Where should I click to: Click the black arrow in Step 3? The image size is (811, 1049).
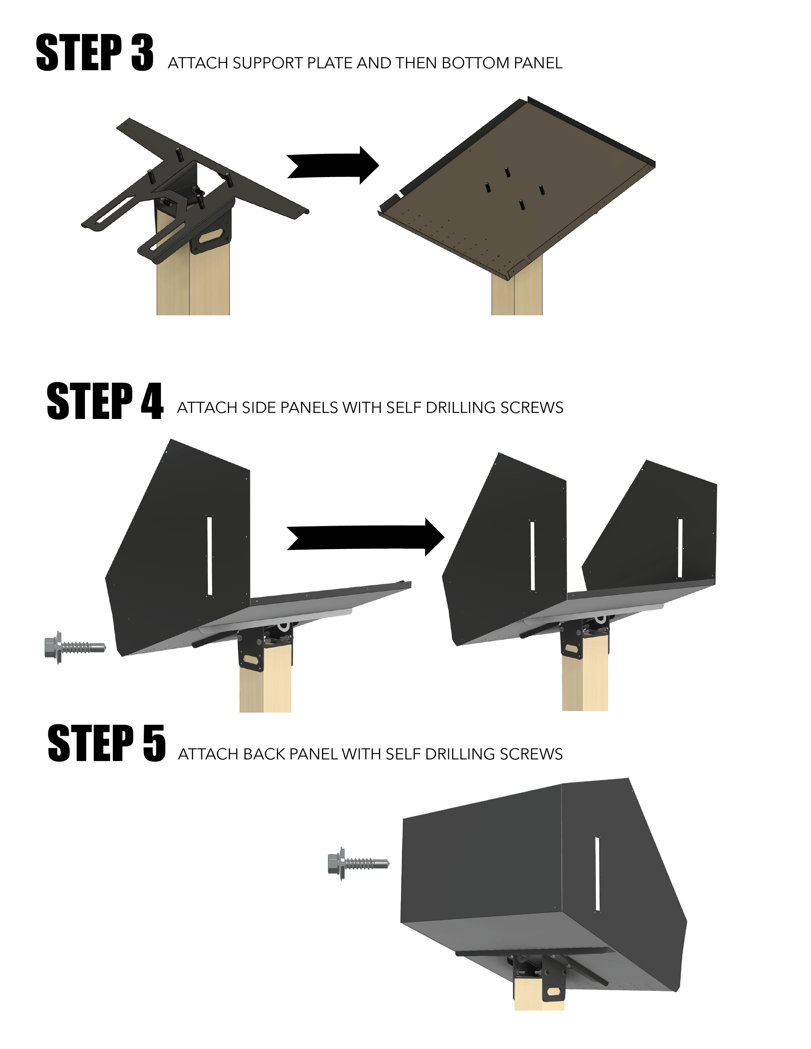tap(333, 165)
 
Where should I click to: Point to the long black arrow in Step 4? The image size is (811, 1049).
tap(365, 537)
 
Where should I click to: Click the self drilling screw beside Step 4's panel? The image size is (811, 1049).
tap(75, 648)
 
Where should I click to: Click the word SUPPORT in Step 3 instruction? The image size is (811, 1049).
tap(268, 63)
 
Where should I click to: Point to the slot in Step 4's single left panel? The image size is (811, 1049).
tap(210, 556)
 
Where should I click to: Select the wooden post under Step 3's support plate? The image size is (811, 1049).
tap(193, 269)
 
